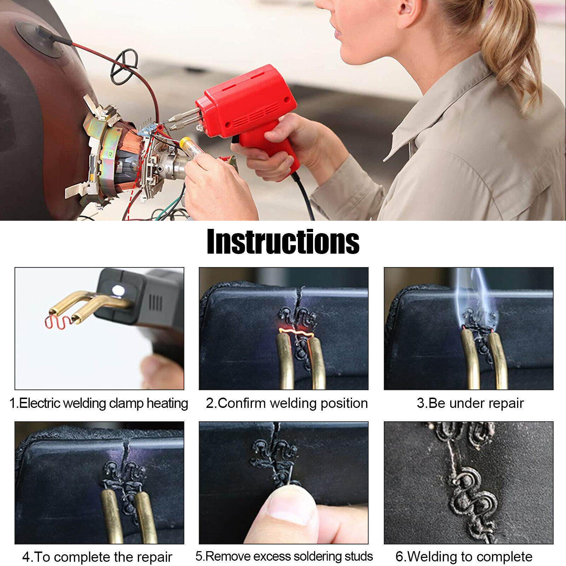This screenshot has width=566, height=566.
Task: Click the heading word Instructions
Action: point(283,241)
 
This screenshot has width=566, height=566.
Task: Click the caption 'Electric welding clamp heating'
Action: point(103,403)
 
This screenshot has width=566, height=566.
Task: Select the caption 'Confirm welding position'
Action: point(293,403)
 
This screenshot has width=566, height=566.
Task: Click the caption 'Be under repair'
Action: point(476,403)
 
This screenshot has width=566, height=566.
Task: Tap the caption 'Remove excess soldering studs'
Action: point(289,556)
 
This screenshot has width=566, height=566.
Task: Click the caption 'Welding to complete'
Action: point(470,557)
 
